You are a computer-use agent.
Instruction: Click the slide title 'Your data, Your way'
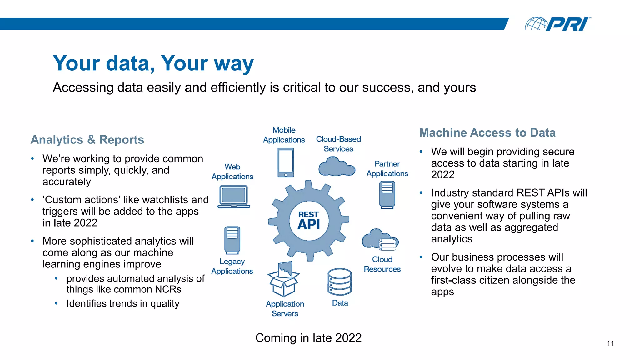(153, 63)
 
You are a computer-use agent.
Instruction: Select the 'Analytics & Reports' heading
(87, 140)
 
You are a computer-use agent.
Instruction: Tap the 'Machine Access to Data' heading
(487, 133)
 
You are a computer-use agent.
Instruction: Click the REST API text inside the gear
(309, 221)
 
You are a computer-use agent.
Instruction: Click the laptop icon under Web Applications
(234, 197)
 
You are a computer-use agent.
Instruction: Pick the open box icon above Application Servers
(283, 279)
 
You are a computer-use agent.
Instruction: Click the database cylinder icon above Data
(340, 282)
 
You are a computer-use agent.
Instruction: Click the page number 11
(610, 343)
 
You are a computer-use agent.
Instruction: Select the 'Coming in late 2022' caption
(308, 338)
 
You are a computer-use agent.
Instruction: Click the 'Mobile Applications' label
(284, 135)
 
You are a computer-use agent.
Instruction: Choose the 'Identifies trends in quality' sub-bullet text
(123, 304)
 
